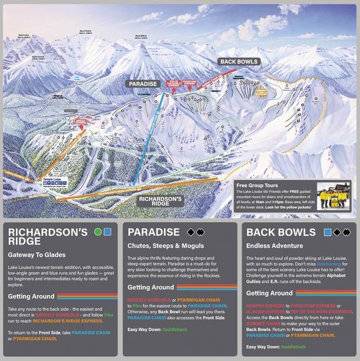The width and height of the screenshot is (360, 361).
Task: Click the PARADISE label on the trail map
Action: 143,84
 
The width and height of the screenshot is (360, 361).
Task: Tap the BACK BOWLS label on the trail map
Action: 239,62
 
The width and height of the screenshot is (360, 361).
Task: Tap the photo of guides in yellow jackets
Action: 334,195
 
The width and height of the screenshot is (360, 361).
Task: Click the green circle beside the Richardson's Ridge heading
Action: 97,232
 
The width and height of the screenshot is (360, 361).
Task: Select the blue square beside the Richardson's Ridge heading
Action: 107,232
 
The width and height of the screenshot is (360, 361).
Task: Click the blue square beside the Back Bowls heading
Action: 328,232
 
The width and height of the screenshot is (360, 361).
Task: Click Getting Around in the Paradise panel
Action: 150,287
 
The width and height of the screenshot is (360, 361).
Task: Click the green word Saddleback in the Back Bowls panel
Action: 294,346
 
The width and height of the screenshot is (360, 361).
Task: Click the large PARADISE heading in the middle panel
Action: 153,232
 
